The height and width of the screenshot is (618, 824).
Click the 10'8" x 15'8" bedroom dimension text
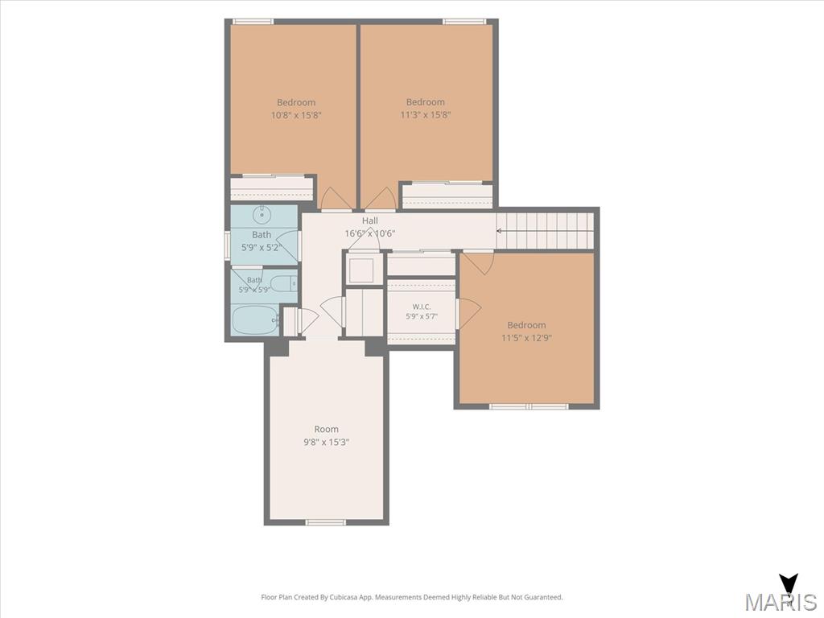click(x=296, y=115)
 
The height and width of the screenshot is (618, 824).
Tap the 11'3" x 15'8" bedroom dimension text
click(x=426, y=114)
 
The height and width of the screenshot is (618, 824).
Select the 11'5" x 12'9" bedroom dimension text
click(x=526, y=338)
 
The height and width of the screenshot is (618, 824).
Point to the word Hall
click(x=370, y=220)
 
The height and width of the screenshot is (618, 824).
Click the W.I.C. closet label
click(x=422, y=307)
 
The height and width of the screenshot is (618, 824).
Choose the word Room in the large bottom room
click(x=327, y=430)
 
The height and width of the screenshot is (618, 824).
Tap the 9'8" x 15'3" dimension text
click(x=327, y=443)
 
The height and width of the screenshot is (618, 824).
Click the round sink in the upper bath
click(x=262, y=214)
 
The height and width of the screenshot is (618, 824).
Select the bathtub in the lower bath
click(x=255, y=319)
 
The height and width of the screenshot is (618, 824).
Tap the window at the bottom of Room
click(x=326, y=521)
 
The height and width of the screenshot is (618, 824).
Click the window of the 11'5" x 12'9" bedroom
click(x=529, y=406)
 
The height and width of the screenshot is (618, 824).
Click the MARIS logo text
click(x=781, y=602)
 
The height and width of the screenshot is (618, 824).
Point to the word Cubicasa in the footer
click(x=344, y=597)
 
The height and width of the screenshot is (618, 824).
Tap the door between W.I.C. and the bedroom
click(x=468, y=314)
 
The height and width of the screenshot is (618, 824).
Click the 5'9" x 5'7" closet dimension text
click(x=422, y=316)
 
